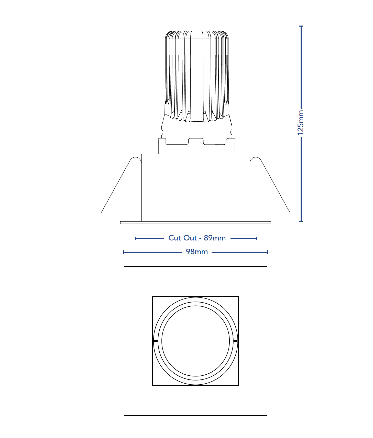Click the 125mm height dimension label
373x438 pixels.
coord(301,123)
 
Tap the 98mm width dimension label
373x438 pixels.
coord(197,252)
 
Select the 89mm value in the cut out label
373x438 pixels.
coord(215,238)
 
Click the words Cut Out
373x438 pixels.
coord(182,238)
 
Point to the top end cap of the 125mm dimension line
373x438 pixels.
coord(301,26)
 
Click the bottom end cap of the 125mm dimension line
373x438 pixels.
coord(301,222)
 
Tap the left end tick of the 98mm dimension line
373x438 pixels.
coord(123,252)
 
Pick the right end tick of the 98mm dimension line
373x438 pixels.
coord(268,252)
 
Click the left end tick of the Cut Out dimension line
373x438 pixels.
coord(136,238)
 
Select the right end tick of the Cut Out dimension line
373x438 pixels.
coord(256,238)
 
